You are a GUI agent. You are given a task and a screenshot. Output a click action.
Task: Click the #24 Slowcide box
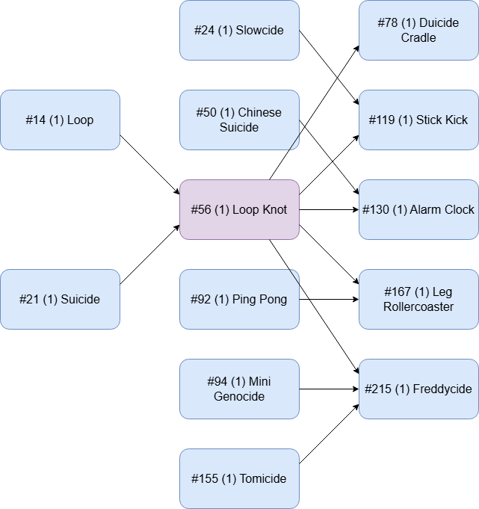pos(239,30)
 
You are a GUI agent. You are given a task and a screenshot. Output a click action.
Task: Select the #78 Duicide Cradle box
pos(418,30)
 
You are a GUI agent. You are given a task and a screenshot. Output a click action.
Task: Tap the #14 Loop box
pos(60,120)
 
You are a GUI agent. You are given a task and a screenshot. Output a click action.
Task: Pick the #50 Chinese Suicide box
pos(239,120)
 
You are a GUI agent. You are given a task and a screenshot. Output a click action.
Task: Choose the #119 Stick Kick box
pos(418,120)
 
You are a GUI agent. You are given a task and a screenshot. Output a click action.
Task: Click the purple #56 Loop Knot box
pos(239,209)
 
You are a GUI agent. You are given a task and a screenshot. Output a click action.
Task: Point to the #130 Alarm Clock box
pos(418,209)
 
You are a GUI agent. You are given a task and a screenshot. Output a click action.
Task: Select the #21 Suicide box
pos(60,299)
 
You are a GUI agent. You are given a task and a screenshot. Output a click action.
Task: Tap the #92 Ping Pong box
pos(239,299)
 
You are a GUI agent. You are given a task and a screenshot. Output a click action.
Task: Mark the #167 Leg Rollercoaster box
pos(418,299)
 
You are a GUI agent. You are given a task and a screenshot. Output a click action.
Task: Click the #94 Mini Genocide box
pos(239,389)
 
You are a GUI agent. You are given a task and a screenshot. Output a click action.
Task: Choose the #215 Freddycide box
pos(418,389)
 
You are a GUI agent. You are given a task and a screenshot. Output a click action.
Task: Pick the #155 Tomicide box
pos(239,478)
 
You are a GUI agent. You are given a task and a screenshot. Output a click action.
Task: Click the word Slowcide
pos(259,31)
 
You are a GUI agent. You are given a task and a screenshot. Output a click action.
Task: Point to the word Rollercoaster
pos(418,307)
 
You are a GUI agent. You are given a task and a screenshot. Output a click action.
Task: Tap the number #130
pos(375,210)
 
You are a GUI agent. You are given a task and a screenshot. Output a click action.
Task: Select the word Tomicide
pos(262,479)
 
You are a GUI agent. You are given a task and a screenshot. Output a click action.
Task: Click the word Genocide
pos(239,397)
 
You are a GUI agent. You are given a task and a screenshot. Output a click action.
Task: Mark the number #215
pos(377,389)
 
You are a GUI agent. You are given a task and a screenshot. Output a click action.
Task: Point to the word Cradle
pos(418,38)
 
